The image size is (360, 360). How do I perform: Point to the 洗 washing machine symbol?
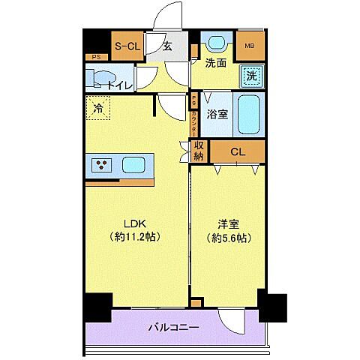pos(252,75)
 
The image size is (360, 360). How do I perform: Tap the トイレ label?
pos(120,85)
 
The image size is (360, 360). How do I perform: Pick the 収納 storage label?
pos(199,151)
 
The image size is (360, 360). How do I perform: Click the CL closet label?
pos(237,152)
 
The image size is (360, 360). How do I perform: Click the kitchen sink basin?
pos(133,164)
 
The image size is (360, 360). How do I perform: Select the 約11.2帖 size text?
pos(135,236)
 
